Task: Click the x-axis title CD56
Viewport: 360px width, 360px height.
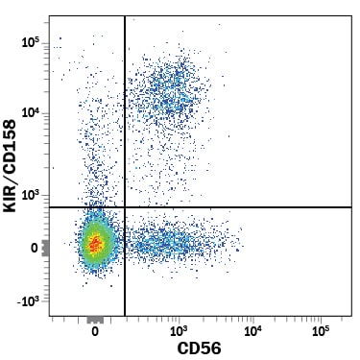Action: (199, 348)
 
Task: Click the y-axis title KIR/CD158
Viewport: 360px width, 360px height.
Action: (10, 165)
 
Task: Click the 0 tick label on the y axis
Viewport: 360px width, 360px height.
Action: (35, 249)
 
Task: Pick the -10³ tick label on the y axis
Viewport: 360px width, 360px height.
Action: (29, 301)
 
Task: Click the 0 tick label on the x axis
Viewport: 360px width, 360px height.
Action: (95, 331)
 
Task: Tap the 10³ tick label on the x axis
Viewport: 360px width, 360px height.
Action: (179, 331)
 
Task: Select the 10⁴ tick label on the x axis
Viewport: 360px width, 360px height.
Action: (252, 331)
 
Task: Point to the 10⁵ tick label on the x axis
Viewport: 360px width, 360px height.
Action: (321, 331)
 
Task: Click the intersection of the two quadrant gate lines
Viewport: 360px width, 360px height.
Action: (125, 207)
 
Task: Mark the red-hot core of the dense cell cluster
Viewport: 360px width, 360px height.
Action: (95, 243)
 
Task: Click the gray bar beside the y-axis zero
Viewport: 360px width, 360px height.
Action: (45, 248)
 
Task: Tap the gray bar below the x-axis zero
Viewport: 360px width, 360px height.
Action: (95, 320)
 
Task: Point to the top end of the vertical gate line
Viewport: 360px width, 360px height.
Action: (125, 15)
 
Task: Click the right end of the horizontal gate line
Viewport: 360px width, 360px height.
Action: (351, 207)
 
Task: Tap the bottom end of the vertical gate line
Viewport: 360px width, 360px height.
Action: (125, 316)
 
